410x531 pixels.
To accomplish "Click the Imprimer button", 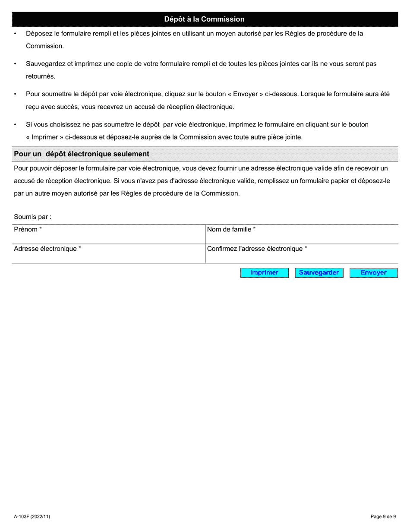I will click(x=264, y=273).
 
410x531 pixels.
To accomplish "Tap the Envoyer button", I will click(x=373, y=273).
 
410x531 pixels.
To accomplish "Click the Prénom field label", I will click(x=25, y=230).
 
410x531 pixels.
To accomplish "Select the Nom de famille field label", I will click(x=229, y=230).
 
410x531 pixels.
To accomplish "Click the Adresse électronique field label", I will click(x=45, y=249).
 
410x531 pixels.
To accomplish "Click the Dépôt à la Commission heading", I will click(x=204, y=19).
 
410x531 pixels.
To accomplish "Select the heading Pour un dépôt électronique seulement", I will click(x=82, y=154).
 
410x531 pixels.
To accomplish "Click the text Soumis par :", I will click(x=32, y=217).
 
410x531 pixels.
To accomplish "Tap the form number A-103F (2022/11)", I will click(x=32, y=516).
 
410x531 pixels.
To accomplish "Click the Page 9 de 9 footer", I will click(x=383, y=516).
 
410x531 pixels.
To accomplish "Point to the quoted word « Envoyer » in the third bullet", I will click(x=245, y=94).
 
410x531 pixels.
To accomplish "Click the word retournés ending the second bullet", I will click(x=40, y=76).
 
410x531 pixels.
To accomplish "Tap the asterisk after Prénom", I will click(x=41, y=229).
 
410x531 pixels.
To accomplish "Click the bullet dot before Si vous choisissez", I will click(x=15, y=125).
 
